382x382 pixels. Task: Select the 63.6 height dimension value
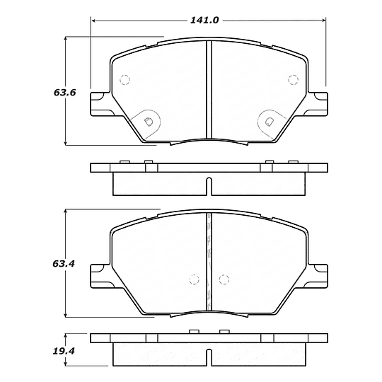[x=45, y=93]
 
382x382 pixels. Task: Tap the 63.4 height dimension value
[x=45, y=264]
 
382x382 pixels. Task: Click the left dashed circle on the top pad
[x=125, y=79]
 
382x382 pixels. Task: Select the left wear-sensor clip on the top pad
[x=149, y=121]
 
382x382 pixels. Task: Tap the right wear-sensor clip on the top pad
[x=268, y=121]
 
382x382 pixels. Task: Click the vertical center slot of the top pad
[x=209, y=88]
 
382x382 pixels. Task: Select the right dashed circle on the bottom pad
[x=224, y=279]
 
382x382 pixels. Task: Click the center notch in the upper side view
[x=209, y=186]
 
